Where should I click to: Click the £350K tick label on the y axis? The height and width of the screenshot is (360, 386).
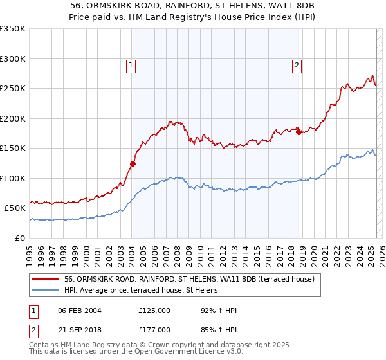pyautogui.click(x=12, y=29)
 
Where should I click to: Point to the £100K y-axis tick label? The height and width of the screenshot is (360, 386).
pyautogui.click(x=12, y=178)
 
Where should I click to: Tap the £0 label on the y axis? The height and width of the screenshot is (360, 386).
pyautogui.click(x=19, y=238)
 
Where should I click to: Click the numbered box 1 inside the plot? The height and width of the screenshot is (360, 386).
pyautogui.click(x=131, y=64)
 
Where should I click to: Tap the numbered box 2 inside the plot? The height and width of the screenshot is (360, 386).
pyautogui.click(x=297, y=64)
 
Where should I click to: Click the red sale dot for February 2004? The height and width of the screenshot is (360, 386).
pyautogui.click(x=133, y=163)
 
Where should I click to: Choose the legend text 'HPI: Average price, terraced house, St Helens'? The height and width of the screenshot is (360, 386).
pyautogui.click(x=142, y=290)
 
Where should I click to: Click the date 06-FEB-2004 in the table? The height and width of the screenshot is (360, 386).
pyautogui.click(x=80, y=310)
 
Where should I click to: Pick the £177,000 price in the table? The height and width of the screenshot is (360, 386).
pyautogui.click(x=154, y=329)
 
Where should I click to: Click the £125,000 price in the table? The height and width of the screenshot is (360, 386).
pyautogui.click(x=154, y=310)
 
